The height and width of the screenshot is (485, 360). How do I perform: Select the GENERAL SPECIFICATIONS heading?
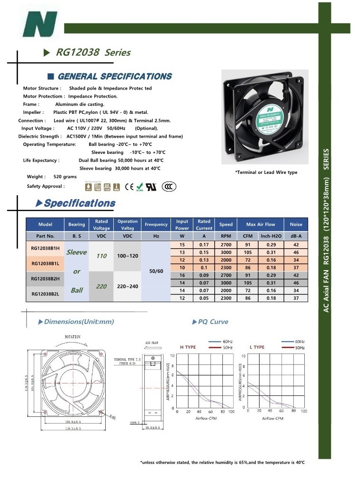(114, 77)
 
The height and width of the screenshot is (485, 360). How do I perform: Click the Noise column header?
(296, 224)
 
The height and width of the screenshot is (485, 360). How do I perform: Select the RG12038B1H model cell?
(45, 248)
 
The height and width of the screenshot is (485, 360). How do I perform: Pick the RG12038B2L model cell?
(45, 294)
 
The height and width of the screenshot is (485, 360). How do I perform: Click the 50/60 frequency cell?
(156, 271)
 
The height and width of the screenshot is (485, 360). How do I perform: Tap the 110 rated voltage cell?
(101, 256)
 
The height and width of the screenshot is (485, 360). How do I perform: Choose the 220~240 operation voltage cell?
(127, 286)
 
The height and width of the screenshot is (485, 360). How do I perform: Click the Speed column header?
(226, 224)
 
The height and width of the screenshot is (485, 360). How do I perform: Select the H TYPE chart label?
(188, 347)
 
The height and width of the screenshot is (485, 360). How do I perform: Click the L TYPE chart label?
(257, 347)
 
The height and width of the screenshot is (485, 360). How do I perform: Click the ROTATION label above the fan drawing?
(72, 337)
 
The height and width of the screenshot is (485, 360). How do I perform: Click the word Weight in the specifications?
(37, 177)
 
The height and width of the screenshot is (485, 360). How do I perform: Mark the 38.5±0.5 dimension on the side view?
(153, 429)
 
